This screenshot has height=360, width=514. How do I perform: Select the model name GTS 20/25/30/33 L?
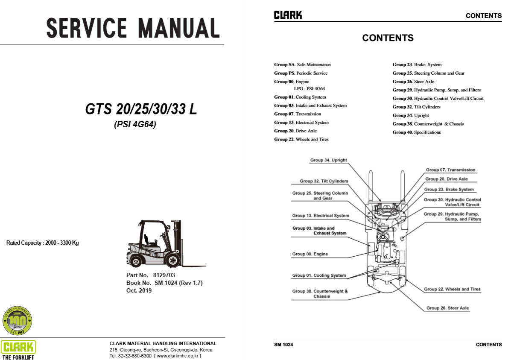(x=141, y=110)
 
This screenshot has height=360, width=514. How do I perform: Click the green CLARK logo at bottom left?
(x=18, y=347)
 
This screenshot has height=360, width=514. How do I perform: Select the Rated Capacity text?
(x=42, y=243)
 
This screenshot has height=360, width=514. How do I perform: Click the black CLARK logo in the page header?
(x=288, y=15)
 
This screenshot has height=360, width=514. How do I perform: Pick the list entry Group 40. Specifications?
(x=417, y=132)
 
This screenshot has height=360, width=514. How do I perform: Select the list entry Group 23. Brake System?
(x=417, y=65)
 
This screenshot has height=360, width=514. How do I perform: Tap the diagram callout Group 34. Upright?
(x=328, y=160)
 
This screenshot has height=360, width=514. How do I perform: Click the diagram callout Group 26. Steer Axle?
(x=447, y=308)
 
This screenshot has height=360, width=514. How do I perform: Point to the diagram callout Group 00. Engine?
(x=310, y=254)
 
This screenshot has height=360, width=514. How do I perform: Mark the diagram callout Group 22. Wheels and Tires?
(x=452, y=289)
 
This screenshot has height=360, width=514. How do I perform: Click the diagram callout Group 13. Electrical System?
(x=320, y=216)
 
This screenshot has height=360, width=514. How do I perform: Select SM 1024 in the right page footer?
(x=283, y=345)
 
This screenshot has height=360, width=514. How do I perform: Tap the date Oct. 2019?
(x=139, y=290)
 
